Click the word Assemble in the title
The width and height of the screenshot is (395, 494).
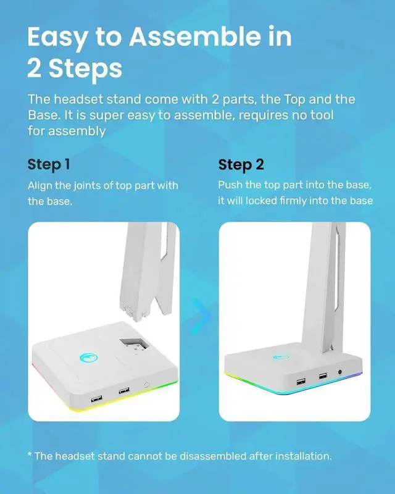[x=194, y=36]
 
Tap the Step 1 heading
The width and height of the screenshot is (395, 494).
[x=49, y=165]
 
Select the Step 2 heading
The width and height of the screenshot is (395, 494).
[x=241, y=165]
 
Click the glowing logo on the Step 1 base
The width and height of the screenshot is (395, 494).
[x=88, y=358]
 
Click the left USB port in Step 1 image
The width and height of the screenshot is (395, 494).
[x=96, y=398]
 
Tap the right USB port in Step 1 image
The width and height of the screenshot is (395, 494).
[x=124, y=391]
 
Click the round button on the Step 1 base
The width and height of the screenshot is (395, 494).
[x=146, y=385]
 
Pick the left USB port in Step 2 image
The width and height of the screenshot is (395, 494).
[x=301, y=382]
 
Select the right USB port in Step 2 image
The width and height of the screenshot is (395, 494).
[x=323, y=376]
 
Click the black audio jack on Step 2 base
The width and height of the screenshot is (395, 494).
[x=339, y=372]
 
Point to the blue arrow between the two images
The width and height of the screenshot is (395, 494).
[x=201, y=316]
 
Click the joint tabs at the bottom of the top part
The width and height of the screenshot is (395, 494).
[x=134, y=312]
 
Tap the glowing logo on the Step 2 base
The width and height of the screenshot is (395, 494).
[x=281, y=357]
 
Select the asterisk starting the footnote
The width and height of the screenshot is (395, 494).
[x=30, y=454]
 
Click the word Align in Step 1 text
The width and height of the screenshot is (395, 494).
[x=40, y=186]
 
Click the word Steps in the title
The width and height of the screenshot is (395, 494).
[x=85, y=69]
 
